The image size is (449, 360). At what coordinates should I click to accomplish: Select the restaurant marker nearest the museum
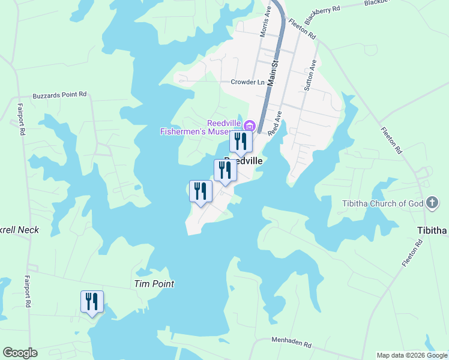point(241,142)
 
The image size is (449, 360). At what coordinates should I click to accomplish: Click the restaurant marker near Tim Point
point(92,301)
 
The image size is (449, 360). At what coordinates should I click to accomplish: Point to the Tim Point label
point(154,284)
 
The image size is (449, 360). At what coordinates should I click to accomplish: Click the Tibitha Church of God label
point(382,203)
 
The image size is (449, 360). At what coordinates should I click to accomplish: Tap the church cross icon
point(432,203)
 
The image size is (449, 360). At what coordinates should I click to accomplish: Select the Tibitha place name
point(432,231)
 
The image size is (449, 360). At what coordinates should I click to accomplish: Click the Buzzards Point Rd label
point(60,95)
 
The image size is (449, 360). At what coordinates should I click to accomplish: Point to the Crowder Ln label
point(247,82)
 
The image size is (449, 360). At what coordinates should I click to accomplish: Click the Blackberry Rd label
point(322,13)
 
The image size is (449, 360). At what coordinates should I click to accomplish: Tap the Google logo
point(20,353)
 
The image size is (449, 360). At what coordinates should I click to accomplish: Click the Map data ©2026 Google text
point(412,355)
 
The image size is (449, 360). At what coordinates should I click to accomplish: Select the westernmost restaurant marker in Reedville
point(200,191)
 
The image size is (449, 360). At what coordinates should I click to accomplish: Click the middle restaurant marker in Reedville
point(225,170)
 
